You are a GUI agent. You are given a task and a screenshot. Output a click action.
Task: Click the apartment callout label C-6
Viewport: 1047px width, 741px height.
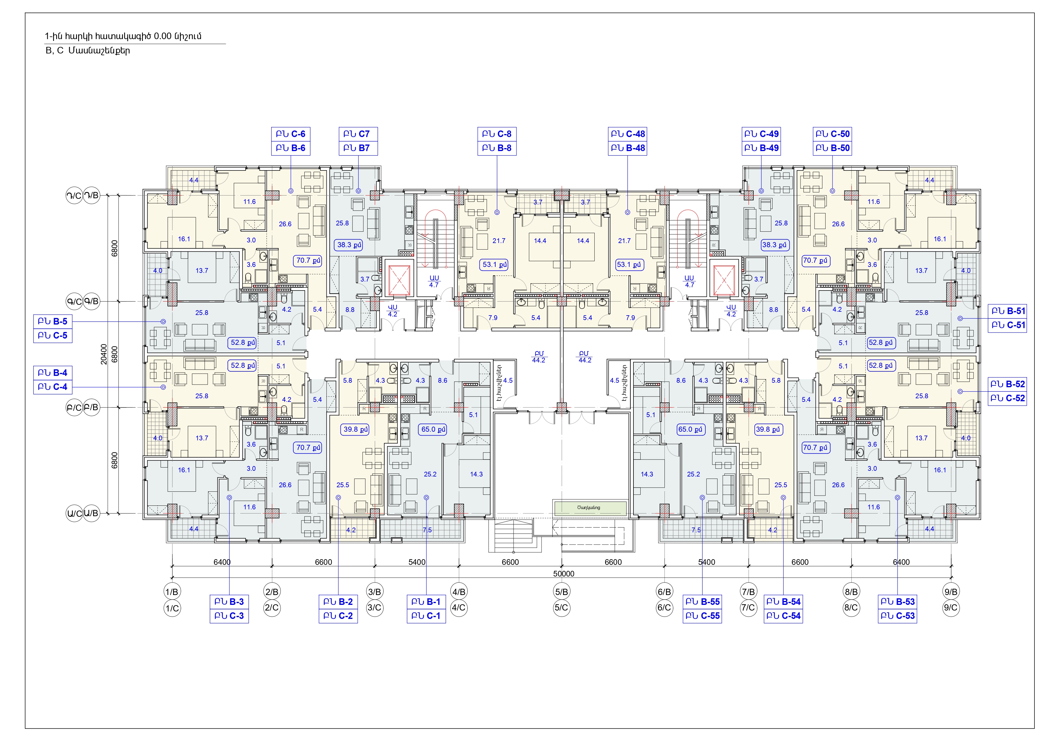point(291,134)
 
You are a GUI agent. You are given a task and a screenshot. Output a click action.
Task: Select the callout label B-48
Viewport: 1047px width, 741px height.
point(627,148)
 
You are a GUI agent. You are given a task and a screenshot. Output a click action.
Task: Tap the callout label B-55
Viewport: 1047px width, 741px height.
point(702,602)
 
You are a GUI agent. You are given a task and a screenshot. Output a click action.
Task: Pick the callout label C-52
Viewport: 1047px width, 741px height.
point(1007,398)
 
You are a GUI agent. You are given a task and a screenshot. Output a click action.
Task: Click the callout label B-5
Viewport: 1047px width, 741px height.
point(53,322)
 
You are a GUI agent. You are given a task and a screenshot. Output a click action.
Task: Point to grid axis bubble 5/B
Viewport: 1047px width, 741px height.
point(561,592)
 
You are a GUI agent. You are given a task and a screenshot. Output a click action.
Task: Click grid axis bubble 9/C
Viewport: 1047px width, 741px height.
point(951,608)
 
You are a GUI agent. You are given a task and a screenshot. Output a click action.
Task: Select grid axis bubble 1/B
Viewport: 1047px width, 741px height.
point(172,592)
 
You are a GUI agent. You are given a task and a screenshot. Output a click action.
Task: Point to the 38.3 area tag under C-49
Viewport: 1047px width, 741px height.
point(774,245)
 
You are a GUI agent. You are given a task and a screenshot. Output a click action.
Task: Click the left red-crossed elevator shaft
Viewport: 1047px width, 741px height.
point(398,278)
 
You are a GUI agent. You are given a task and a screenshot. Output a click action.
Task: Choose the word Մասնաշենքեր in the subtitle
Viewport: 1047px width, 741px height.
point(99,51)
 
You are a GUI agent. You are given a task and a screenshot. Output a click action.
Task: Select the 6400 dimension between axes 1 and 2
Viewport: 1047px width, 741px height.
point(222,562)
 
